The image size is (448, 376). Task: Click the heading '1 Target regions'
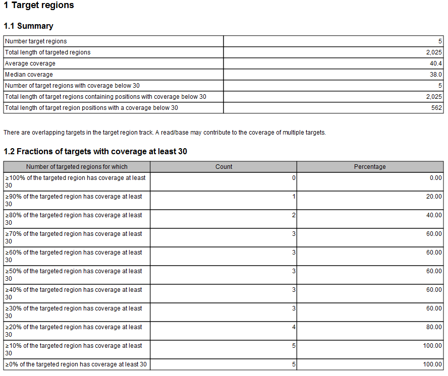pos(39,6)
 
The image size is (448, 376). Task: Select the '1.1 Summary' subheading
pos(28,26)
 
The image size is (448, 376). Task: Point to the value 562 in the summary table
pos(437,108)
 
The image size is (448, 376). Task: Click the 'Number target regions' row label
pos(36,41)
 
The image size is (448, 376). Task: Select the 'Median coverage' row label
pos(29,75)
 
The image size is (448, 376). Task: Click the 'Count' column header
pos(223,167)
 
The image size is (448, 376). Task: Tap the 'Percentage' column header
pos(370,167)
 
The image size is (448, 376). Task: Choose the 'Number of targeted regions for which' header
pos(77,167)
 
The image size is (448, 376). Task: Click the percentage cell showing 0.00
pos(434,178)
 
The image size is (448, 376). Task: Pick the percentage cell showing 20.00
pos(433,197)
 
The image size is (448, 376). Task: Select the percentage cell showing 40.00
pos(433,215)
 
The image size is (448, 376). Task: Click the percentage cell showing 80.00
pos(433,327)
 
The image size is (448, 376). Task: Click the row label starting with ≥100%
pos(75,181)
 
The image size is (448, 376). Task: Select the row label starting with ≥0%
pos(76,364)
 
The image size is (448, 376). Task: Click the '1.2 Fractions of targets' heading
pos(95,152)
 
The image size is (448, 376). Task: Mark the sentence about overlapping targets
pos(164,133)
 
